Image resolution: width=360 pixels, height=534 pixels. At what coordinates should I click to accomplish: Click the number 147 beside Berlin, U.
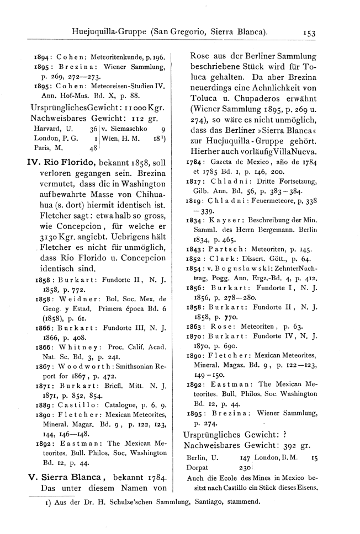tap(246, 457)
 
